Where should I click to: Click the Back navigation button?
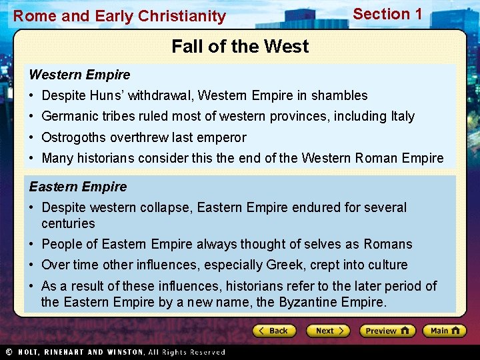click(x=273, y=331)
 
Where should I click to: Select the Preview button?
click(x=387, y=331)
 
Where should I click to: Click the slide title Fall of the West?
click(x=240, y=47)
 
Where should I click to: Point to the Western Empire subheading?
click(x=79, y=75)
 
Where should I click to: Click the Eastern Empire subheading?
click(x=77, y=187)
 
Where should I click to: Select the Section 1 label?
click(x=387, y=14)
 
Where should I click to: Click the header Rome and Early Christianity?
click(x=120, y=16)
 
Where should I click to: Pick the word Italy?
click(x=400, y=117)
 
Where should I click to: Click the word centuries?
click(x=68, y=223)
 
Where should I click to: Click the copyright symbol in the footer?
click(x=8, y=351)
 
